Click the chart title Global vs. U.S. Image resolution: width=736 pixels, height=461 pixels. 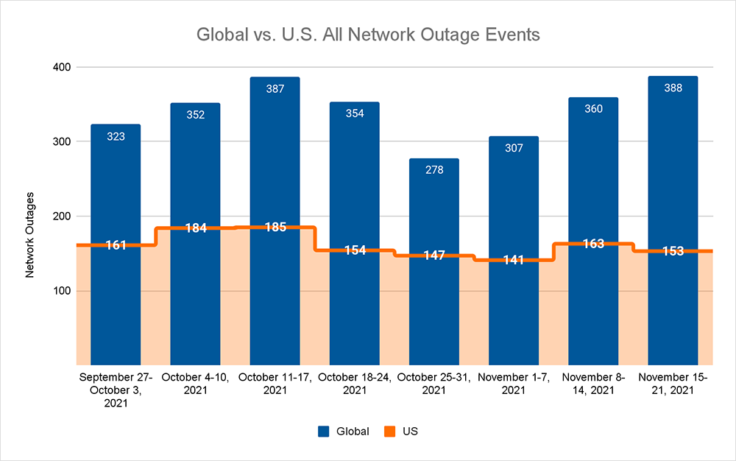(367, 35)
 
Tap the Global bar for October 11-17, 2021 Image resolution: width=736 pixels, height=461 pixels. (275, 162)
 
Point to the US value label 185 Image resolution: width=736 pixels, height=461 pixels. (275, 227)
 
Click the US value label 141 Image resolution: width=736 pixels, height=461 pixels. (513, 260)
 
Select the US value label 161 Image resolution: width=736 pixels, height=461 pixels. (116, 244)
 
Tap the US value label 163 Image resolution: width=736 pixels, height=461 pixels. (592, 244)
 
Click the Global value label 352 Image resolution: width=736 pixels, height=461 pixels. (195, 114)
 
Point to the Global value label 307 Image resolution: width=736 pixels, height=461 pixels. (513, 148)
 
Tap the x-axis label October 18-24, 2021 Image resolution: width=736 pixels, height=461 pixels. (355, 384)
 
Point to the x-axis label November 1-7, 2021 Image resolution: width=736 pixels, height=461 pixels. (513, 384)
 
